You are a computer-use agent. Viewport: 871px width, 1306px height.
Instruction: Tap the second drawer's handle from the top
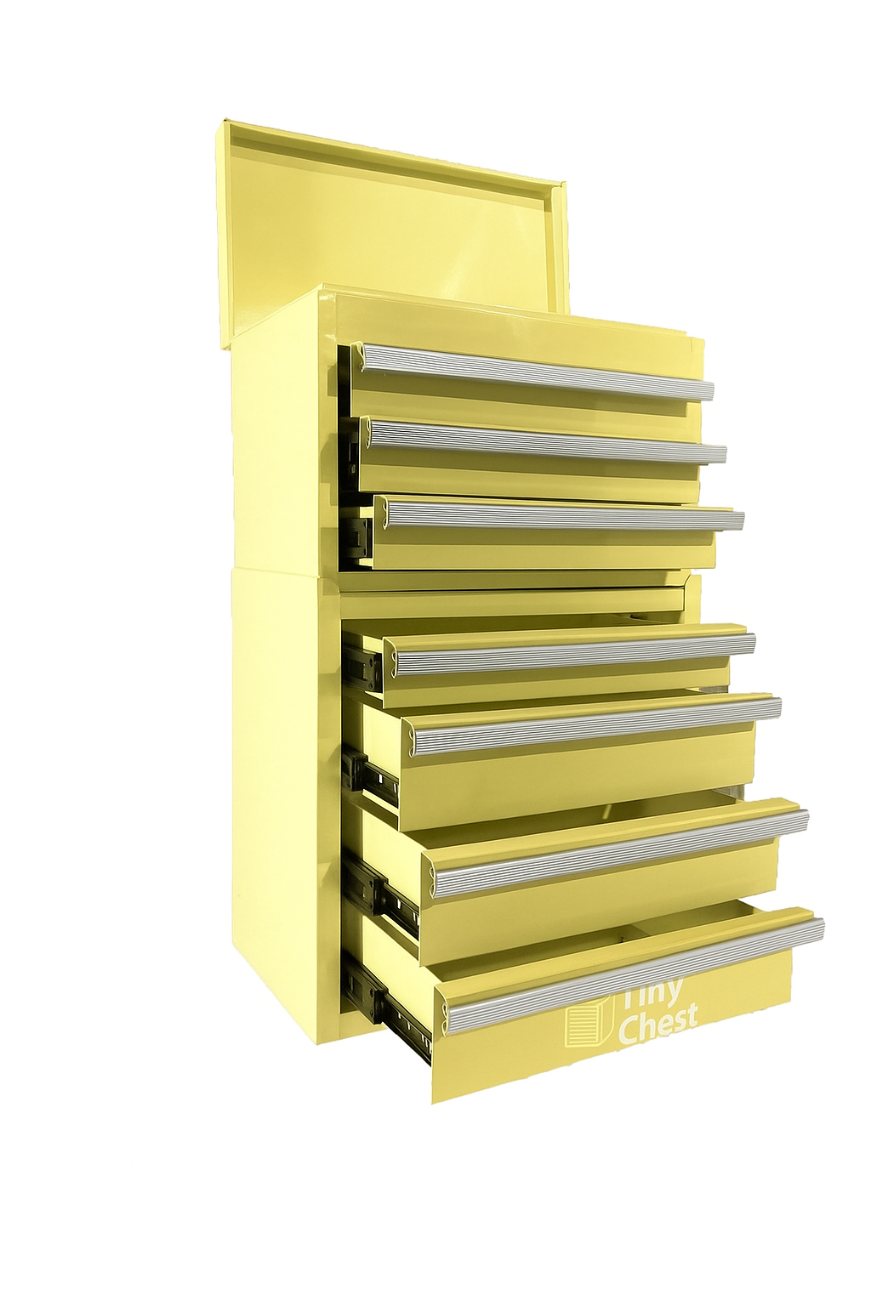(x=544, y=440)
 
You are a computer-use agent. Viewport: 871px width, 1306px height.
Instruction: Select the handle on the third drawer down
(x=561, y=515)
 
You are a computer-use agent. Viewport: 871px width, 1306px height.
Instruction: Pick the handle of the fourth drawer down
(x=570, y=654)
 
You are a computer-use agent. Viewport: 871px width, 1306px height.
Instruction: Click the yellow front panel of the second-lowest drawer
(x=595, y=893)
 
